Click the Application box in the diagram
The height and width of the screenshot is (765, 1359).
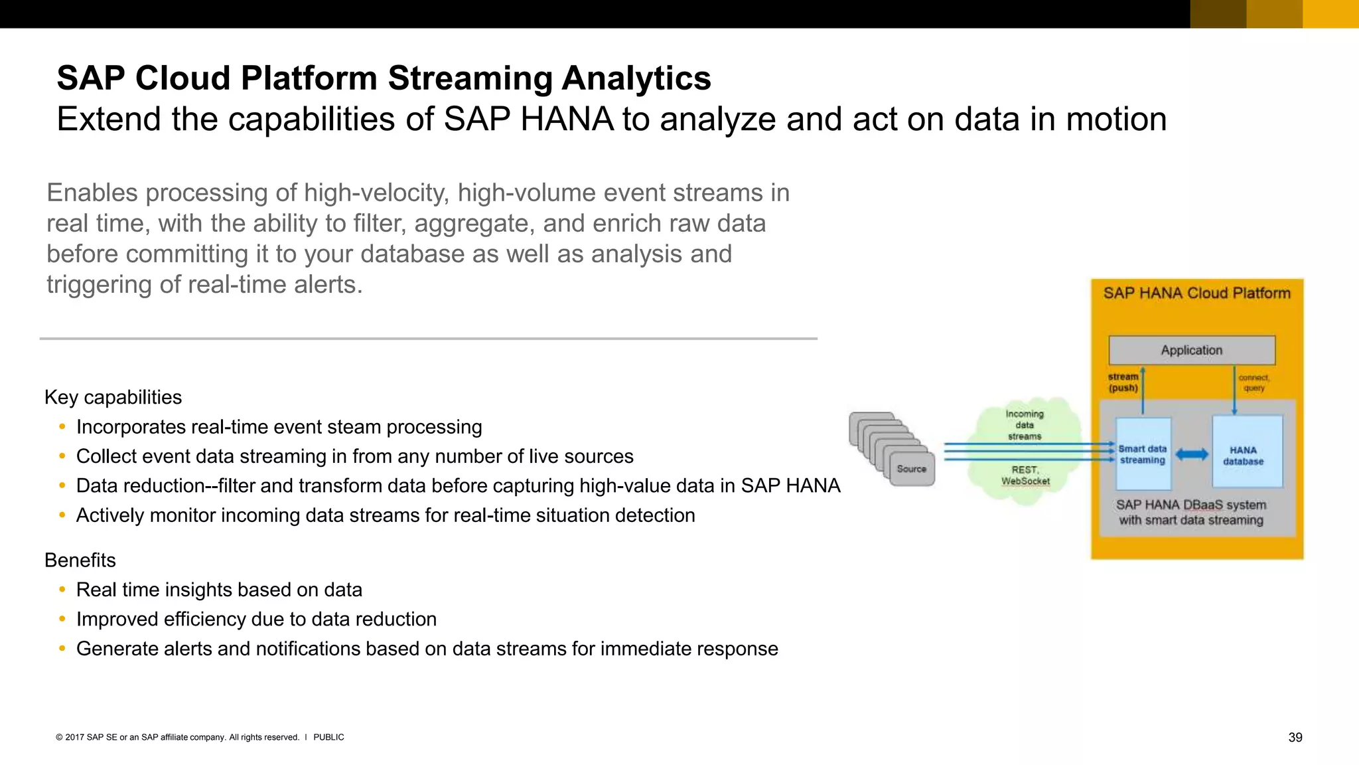point(1191,350)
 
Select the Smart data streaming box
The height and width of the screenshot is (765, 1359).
point(1143,454)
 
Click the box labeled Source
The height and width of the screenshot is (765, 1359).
point(912,469)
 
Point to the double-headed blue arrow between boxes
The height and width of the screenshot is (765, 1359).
point(1192,455)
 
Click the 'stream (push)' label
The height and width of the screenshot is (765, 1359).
point(1123,382)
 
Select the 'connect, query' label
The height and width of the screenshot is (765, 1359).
point(1253,382)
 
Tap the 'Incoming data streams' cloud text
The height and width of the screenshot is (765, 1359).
point(1025,425)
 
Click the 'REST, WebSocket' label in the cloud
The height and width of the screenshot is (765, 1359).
point(1025,475)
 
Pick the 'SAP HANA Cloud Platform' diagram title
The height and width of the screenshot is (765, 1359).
point(1196,294)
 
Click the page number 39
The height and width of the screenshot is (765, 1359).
point(1295,737)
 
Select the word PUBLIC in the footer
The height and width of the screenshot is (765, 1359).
point(328,737)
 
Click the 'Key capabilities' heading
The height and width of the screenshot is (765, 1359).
point(113,397)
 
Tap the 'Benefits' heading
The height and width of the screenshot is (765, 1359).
point(80,560)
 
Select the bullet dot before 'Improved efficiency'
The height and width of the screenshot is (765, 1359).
point(62,619)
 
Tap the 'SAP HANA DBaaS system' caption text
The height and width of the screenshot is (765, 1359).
point(1190,505)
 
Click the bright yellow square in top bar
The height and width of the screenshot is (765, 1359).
point(1330,14)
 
